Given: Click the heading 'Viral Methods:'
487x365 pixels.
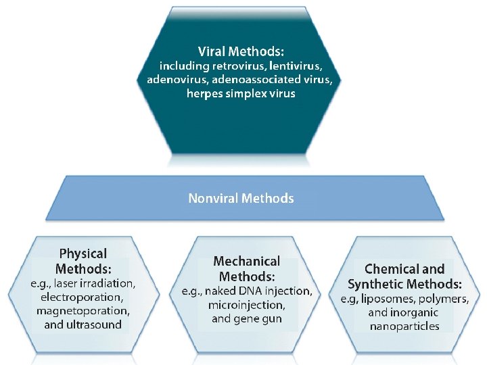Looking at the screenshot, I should [x=241, y=51].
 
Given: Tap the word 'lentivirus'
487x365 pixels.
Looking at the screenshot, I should [x=296, y=66].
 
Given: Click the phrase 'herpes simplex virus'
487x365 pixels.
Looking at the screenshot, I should [x=241, y=93].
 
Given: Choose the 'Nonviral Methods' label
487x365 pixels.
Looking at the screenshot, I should [x=241, y=198].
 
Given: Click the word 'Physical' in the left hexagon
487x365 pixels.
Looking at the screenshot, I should [x=83, y=253].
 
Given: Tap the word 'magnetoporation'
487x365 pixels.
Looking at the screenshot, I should [x=83, y=311].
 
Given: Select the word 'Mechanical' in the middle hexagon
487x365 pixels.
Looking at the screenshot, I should [x=246, y=261].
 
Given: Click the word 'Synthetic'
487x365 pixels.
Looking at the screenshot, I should [x=376, y=284].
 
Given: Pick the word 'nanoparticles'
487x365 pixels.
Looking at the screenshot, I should [x=404, y=326].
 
